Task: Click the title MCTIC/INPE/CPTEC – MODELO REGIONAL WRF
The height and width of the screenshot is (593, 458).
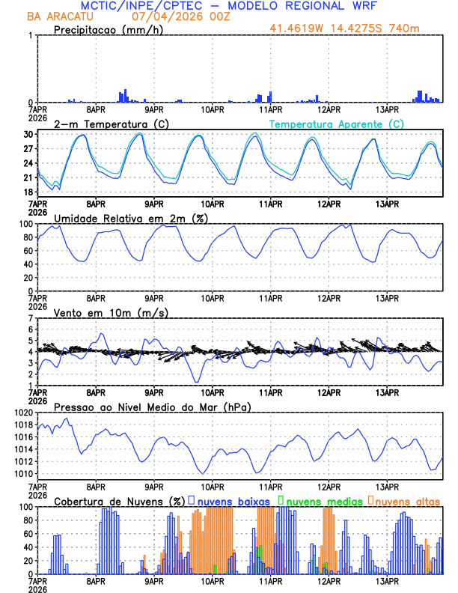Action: pos(229,6)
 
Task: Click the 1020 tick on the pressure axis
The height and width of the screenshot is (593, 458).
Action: pos(23,413)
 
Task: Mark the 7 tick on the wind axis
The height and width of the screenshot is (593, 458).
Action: pos(31,318)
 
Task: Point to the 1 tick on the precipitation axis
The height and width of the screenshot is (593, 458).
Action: pos(31,36)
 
